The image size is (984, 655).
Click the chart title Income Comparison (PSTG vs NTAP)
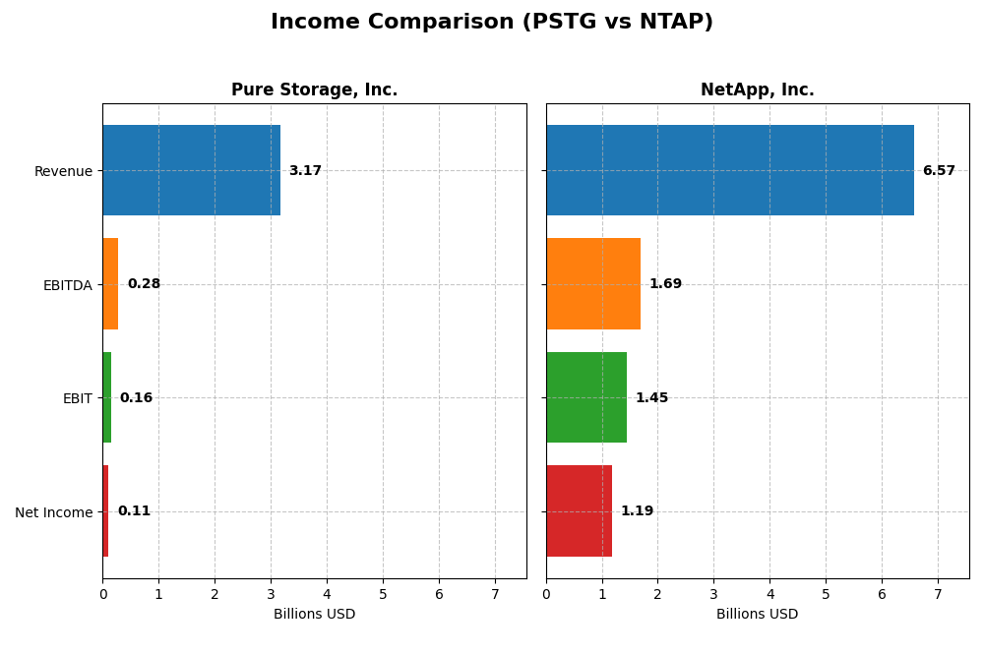coord(491,22)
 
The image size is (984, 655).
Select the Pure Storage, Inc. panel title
coord(314,89)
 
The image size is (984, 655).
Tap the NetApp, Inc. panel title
coord(757,89)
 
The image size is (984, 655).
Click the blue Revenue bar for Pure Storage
coord(191,170)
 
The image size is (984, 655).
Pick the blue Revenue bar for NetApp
coord(729,170)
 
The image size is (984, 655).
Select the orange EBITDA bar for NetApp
coord(592,284)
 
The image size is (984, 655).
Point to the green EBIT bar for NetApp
coord(585,397)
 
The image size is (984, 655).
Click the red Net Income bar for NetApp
coord(579,511)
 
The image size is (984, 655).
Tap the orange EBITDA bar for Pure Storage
coord(110,284)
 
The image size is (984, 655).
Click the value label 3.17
coord(305,171)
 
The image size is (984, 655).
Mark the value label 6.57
coord(939,171)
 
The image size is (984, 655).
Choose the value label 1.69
coord(665,284)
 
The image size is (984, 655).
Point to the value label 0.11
coord(134,511)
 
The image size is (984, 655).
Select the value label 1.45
coord(651,398)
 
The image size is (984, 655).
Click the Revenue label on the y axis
coord(63,171)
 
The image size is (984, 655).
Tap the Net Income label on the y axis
coord(53,512)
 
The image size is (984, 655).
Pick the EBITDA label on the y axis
coord(67,285)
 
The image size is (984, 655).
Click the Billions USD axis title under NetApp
coord(757,615)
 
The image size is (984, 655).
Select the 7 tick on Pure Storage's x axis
coord(495,594)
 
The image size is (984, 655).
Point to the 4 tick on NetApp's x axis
coord(769,594)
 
